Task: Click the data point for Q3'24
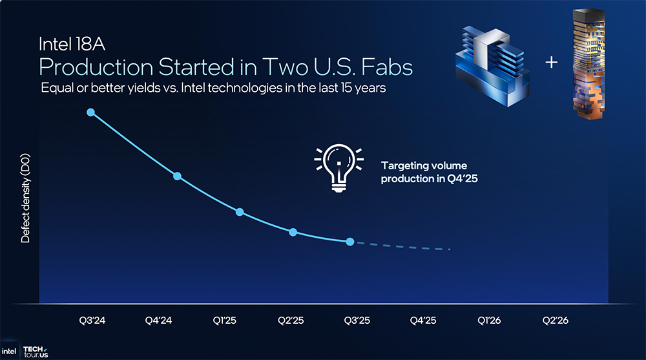coord(90,112)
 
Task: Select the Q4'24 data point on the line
coord(177,176)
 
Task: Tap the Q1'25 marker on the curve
coord(240,212)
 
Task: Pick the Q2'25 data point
coord(293,232)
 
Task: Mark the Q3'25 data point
coord(349,242)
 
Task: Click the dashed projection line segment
coord(403,246)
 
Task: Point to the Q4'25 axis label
coord(422,321)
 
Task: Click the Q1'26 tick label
coord(489,321)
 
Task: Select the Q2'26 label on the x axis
coord(555,321)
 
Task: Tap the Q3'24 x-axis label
coord(92,321)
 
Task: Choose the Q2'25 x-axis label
coord(291,321)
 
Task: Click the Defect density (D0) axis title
coord(26,198)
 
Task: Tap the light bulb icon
coord(339,168)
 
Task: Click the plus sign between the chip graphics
coord(551,62)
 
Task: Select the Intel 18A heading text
coord(72,44)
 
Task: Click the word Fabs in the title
coord(387,67)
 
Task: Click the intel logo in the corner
coord(8,352)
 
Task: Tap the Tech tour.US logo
coord(36,352)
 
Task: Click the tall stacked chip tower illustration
coord(589,64)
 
